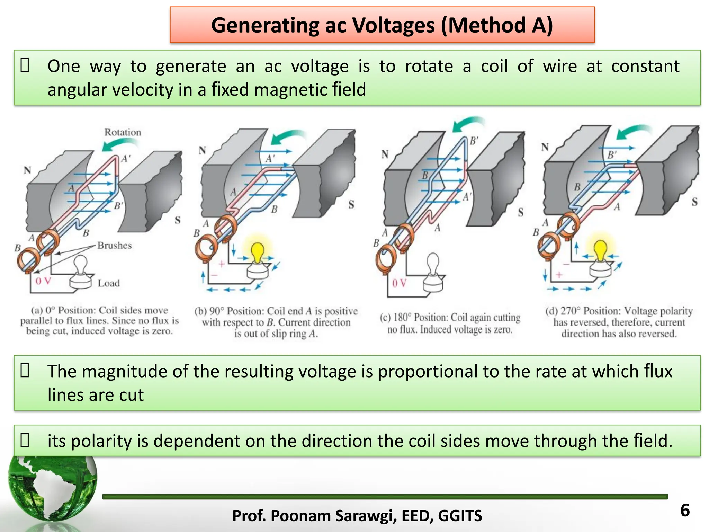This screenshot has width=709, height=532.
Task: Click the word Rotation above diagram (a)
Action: [123, 132]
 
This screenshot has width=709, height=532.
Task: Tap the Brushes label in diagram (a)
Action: [115, 246]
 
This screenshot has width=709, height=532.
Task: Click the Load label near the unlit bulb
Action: [109, 283]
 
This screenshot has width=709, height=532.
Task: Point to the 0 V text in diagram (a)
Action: [43, 281]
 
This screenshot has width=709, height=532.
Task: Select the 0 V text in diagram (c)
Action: [399, 283]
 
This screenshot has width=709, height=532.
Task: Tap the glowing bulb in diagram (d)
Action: [600, 250]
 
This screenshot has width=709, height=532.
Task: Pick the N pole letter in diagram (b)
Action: [203, 150]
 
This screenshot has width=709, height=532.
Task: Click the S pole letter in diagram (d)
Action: [694, 202]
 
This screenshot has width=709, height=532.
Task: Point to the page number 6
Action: [685, 511]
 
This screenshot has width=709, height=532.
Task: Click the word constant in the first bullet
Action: [645, 66]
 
